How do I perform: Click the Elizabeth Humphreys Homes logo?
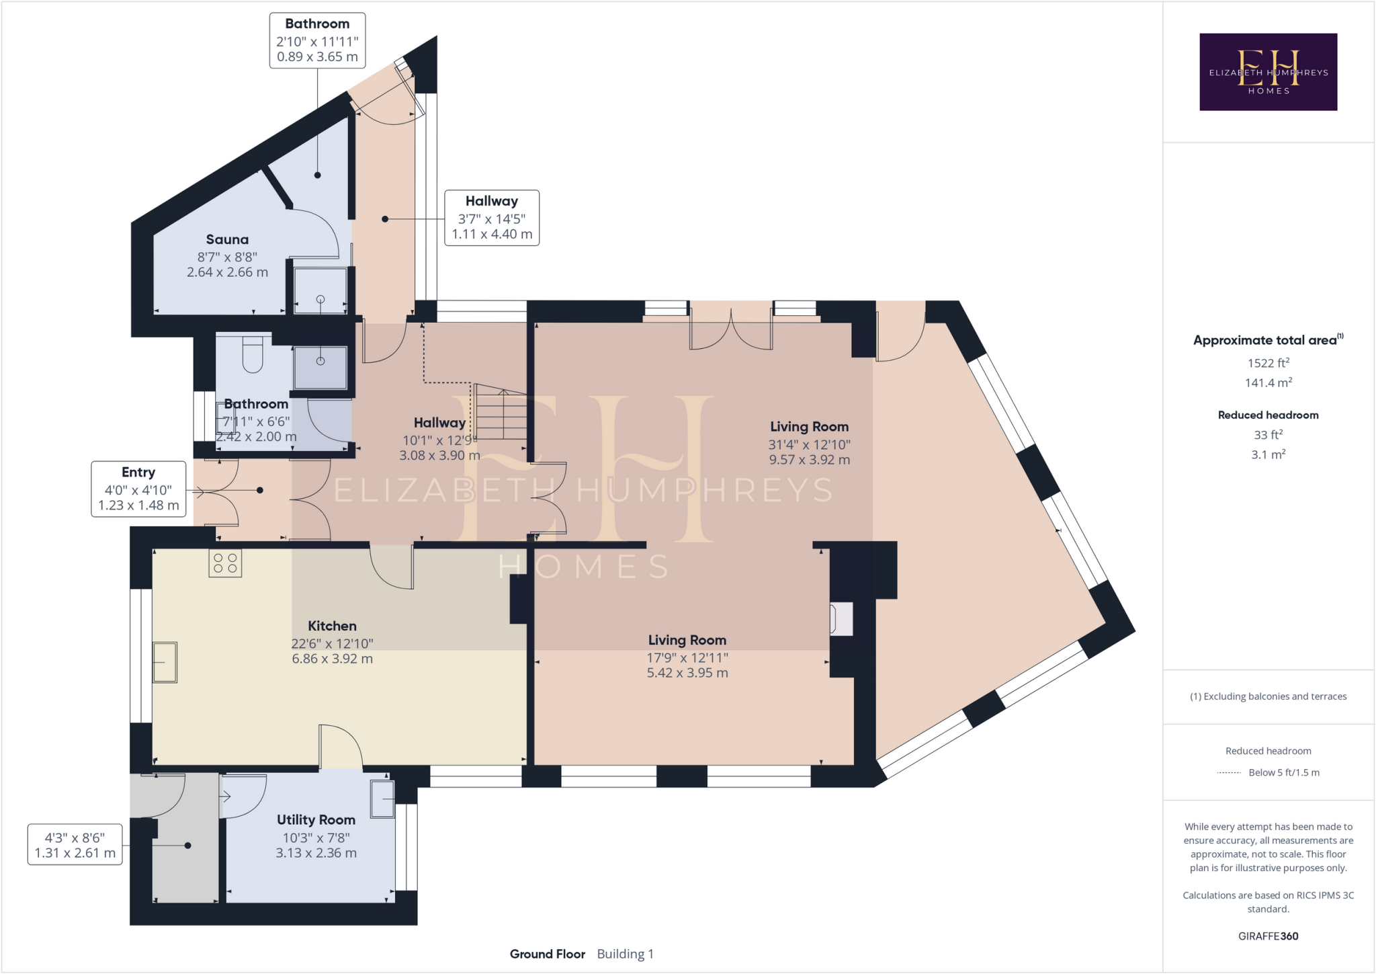click(1268, 72)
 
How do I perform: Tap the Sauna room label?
click(227, 240)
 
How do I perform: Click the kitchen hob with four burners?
click(225, 564)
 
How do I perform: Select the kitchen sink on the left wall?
click(165, 662)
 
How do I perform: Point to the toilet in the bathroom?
click(253, 356)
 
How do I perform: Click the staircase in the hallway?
click(501, 413)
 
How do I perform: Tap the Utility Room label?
click(316, 820)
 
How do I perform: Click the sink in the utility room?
click(382, 799)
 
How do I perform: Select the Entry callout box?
click(138, 489)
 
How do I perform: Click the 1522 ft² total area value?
click(1268, 363)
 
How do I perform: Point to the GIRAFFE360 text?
click(1268, 936)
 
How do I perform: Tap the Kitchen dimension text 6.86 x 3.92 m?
click(332, 659)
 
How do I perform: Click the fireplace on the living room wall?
click(842, 618)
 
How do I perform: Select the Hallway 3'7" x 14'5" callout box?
click(492, 218)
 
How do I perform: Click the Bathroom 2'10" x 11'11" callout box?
click(317, 40)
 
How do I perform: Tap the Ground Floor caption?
click(547, 954)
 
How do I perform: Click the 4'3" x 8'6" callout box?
click(75, 845)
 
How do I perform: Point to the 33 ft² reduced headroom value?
click(1268, 435)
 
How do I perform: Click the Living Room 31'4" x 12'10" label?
click(809, 443)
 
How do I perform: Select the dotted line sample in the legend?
click(1229, 773)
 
